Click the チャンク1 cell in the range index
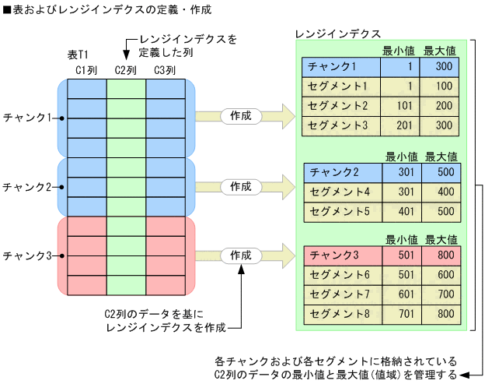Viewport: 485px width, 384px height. [x=332, y=67]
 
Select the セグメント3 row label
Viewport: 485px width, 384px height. [x=338, y=124]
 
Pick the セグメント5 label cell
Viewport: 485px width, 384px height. [x=340, y=210]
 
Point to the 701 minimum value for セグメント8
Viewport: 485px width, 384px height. [x=405, y=313]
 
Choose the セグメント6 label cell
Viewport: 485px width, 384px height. [x=340, y=274]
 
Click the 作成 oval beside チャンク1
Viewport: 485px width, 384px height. [x=241, y=116]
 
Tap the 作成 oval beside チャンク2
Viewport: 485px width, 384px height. [x=241, y=187]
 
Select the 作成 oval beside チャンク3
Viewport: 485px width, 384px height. [x=241, y=255]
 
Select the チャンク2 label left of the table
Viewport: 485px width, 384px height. [x=27, y=187]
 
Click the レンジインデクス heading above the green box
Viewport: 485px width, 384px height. [x=339, y=34]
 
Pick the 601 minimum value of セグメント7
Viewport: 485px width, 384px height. [x=405, y=294]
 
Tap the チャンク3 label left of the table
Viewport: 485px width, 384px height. [x=27, y=255]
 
